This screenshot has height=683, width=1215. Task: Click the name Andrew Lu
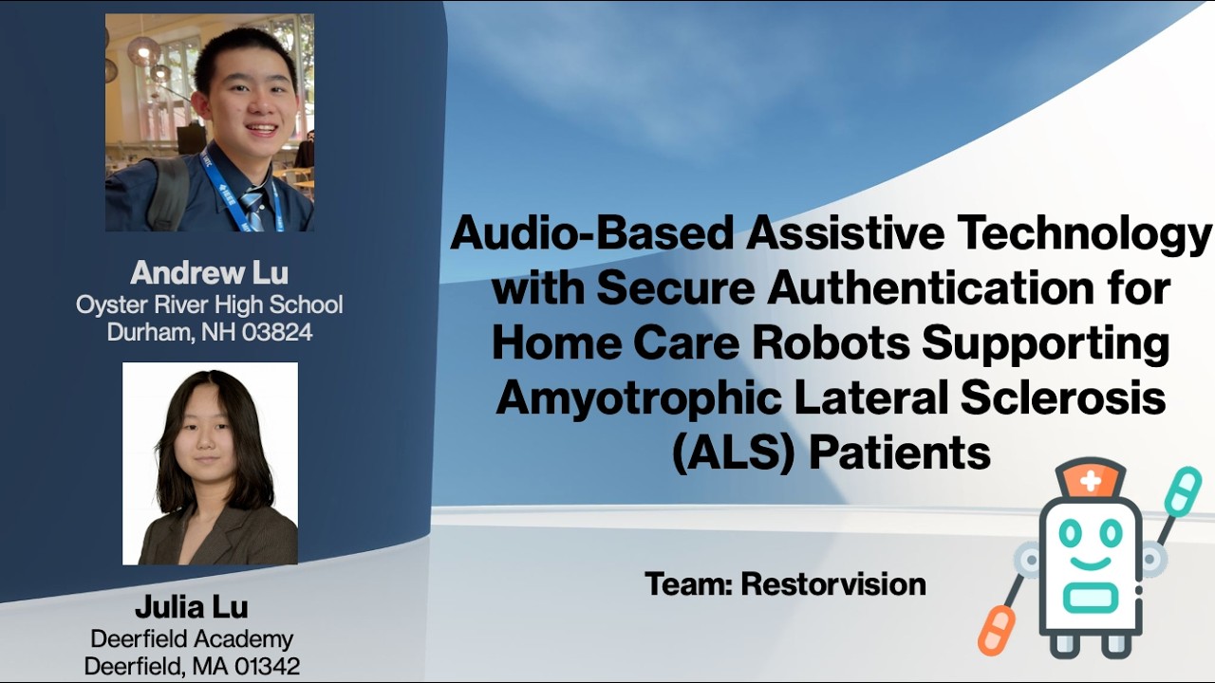click(x=209, y=273)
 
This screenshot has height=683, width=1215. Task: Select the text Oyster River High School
click(x=209, y=305)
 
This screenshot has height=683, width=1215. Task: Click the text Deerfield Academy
click(x=192, y=638)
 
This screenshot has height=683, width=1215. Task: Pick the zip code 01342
click(x=265, y=666)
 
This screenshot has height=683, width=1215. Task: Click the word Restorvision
click(x=833, y=583)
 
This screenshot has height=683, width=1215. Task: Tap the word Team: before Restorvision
click(x=688, y=583)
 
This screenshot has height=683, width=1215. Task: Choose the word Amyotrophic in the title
click(x=637, y=398)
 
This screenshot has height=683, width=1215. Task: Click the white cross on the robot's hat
click(x=1091, y=481)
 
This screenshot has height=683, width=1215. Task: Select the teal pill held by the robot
click(x=1183, y=490)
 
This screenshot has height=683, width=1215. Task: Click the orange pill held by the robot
click(x=997, y=630)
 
